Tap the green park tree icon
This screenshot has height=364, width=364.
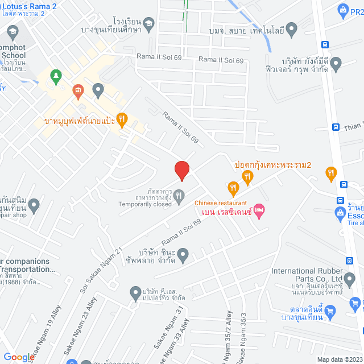coord(55,75)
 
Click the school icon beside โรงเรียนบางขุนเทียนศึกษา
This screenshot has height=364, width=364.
coord(148,23)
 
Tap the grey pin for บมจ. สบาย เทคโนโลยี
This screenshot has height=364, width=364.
coord(291,28)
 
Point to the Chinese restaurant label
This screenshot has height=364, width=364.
coord(221,203)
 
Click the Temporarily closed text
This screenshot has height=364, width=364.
coord(145,204)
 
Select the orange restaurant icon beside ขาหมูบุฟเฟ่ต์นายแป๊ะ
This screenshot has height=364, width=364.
coord(122,119)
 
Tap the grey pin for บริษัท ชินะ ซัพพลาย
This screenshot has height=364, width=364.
coord(183,255)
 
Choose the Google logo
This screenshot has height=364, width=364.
coord(19,357)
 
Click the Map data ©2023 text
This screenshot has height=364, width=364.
coord(340,359)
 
